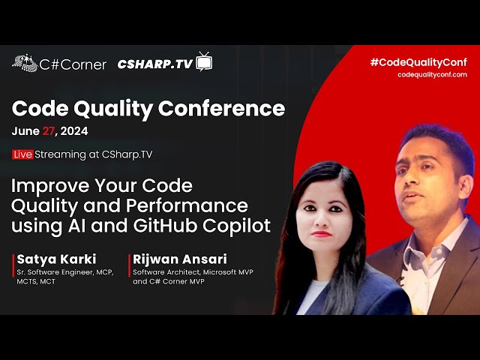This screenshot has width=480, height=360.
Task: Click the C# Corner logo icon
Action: (x=25, y=63)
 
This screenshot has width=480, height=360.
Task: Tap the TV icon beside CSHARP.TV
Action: (x=204, y=61)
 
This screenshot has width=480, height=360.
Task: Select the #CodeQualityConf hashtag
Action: (x=418, y=62)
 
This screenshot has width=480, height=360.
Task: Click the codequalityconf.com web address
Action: (x=432, y=75)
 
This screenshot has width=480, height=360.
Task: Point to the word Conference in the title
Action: (x=222, y=108)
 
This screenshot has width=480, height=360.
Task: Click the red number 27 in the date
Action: (x=48, y=131)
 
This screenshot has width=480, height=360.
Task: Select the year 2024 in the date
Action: (x=74, y=131)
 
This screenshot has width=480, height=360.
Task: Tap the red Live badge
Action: (x=22, y=154)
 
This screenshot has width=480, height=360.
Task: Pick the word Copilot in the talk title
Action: (x=237, y=226)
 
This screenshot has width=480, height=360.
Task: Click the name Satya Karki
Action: (x=57, y=259)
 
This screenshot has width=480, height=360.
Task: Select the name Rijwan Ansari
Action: (x=180, y=259)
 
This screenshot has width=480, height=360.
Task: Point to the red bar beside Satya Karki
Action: (x=13, y=265)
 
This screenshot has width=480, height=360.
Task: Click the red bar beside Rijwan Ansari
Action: (x=130, y=265)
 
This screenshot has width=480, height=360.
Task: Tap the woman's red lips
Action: (x=321, y=234)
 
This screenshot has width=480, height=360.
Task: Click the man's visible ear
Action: (x=466, y=189)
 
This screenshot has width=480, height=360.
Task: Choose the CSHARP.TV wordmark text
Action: (x=155, y=64)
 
